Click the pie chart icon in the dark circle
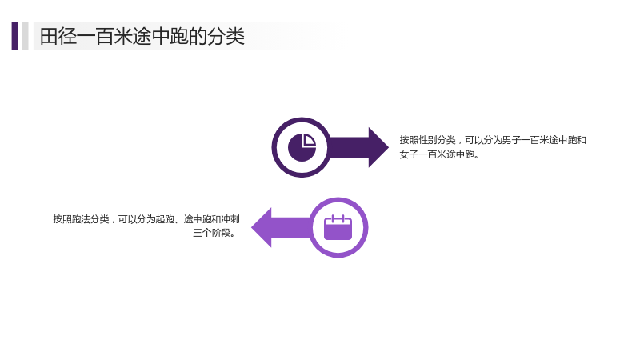[302, 147]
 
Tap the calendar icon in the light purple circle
[338, 227]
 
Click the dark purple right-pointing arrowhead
[378, 147]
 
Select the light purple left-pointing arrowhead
[262, 227]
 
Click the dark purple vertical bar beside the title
[14, 36]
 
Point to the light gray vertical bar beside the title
[26, 36]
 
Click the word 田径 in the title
[58, 36]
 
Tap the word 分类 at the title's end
[226, 36]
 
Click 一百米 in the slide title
[105, 36]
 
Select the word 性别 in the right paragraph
[428, 140]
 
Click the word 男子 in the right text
[511, 140]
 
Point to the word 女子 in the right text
[409, 154]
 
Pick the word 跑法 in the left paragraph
[82, 219]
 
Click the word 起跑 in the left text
[166, 219]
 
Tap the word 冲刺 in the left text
[230, 219]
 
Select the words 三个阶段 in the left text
[211, 233]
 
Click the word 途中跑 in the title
[160, 36]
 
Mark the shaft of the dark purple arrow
[348, 147]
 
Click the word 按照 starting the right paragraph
[409, 140]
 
